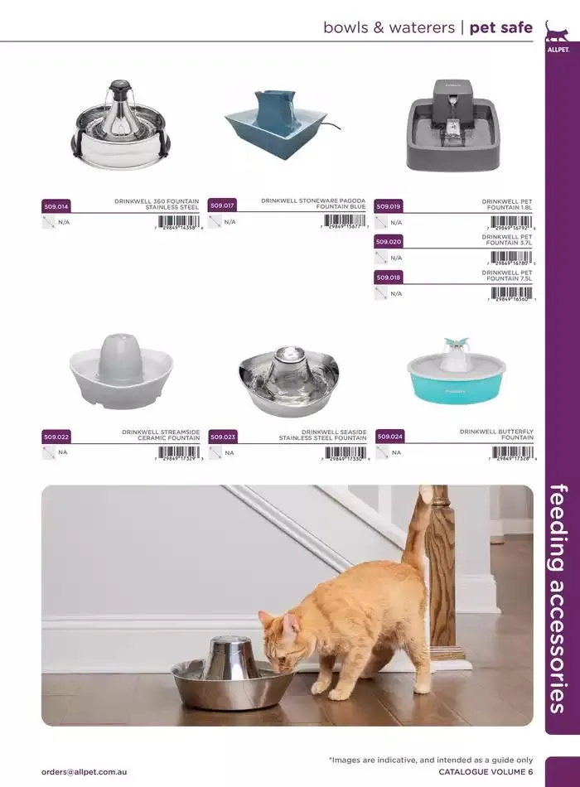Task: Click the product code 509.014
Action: [56, 205]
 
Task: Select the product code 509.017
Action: [222, 205]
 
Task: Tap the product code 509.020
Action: [389, 242]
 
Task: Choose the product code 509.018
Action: [389, 278]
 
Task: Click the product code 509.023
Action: [223, 436]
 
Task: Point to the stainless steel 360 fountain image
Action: [121, 127]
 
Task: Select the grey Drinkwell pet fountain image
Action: [455, 126]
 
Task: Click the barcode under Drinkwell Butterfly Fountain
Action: [512, 452]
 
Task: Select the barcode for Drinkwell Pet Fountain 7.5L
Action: [512, 293]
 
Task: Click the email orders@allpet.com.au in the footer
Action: [85, 771]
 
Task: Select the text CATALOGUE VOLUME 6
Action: [485, 771]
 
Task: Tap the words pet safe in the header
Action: [500, 27]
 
